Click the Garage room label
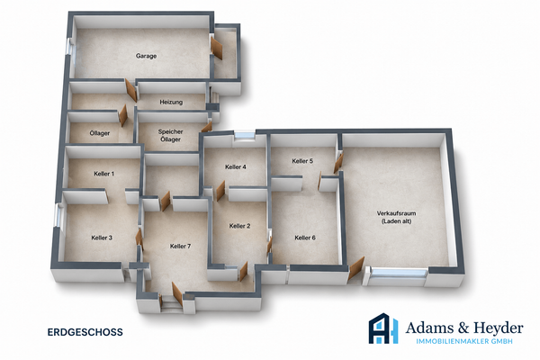click(x=146, y=56)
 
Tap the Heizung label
click(x=171, y=103)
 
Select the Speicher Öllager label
click(x=170, y=135)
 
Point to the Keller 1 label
click(x=104, y=174)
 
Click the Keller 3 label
click(x=102, y=238)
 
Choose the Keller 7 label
click(x=180, y=246)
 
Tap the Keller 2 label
click(x=239, y=226)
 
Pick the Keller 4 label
click(x=236, y=167)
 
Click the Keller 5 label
click(x=302, y=161)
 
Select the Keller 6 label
click(x=305, y=238)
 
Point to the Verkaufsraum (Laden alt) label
click(x=396, y=218)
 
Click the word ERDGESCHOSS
click(x=85, y=332)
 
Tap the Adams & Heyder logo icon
click(x=383, y=328)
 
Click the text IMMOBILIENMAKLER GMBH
click(x=464, y=341)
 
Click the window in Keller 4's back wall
click(x=244, y=135)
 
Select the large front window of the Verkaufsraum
click(x=399, y=274)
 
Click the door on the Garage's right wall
click(x=216, y=49)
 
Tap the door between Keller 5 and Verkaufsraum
click(x=338, y=163)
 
